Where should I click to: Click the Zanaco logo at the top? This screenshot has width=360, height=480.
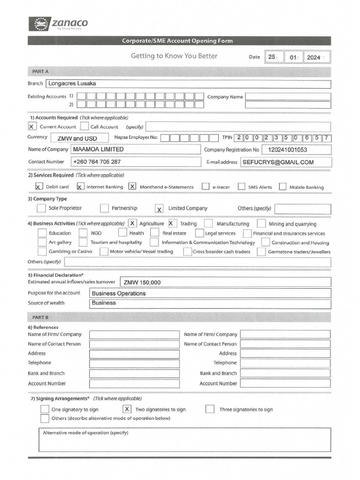point(58,24)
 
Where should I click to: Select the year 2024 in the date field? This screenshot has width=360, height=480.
point(313,57)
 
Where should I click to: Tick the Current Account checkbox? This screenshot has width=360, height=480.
point(32,127)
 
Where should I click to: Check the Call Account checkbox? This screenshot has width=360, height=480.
point(84,127)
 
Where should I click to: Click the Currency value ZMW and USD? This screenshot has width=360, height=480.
point(77,138)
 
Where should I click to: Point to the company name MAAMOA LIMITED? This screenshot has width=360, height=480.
point(98,150)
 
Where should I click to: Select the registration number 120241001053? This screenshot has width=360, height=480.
point(287,150)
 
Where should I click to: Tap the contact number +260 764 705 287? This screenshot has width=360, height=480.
point(97,162)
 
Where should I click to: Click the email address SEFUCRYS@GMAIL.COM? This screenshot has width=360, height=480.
point(278,162)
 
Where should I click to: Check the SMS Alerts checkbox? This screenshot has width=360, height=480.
point(241,187)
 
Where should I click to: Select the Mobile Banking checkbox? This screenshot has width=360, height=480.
point(282,187)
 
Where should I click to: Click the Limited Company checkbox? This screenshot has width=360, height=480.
point(159,209)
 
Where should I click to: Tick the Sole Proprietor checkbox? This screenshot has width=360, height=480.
point(41,208)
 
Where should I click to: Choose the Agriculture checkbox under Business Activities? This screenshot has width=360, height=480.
point(133,224)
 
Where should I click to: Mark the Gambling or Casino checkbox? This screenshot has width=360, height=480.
point(42,251)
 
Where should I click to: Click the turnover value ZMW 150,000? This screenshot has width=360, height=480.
point(142,282)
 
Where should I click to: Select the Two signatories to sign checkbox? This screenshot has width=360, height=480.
point(127,409)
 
